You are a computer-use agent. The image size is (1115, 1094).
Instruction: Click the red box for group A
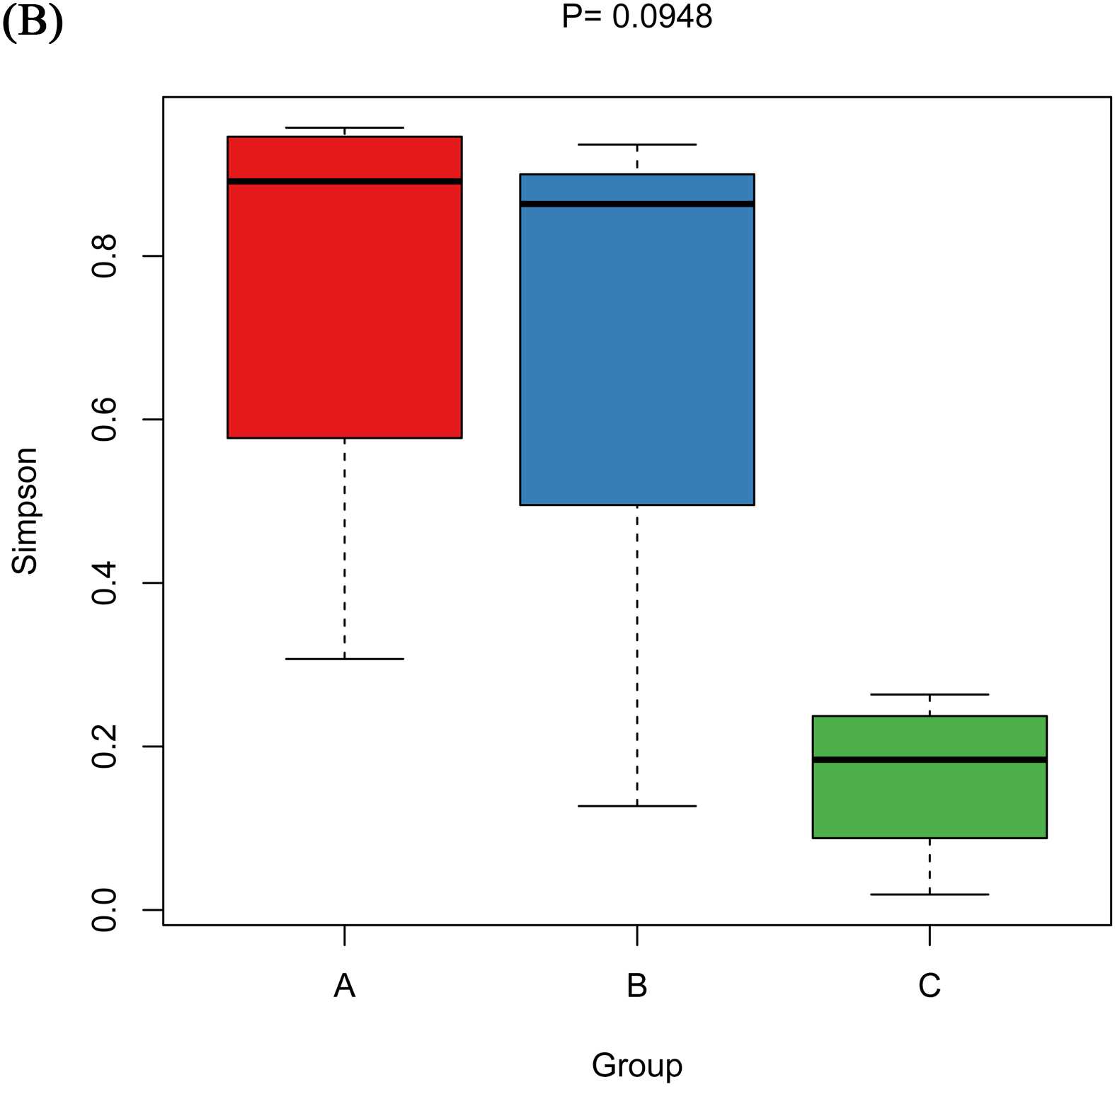point(344,304)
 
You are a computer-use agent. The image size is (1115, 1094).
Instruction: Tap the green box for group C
point(929,800)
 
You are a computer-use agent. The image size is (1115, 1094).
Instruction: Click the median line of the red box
point(344,181)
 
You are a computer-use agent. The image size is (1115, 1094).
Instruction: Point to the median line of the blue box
point(636,204)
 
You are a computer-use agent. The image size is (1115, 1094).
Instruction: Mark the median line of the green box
point(929,760)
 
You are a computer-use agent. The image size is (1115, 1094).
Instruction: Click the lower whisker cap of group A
point(344,659)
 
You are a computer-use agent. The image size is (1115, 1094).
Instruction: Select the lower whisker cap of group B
point(636,806)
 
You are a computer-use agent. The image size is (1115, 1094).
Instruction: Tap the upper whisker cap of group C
point(929,694)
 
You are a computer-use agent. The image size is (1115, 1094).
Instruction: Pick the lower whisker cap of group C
point(929,894)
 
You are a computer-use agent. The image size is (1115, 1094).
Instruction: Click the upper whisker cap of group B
point(636,144)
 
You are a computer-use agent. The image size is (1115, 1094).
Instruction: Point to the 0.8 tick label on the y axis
point(105,255)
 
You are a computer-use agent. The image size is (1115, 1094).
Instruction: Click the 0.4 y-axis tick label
point(105,583)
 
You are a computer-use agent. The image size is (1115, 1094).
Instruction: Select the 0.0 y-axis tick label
point(105,910)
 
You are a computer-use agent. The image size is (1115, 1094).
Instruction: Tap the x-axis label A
point(344,985)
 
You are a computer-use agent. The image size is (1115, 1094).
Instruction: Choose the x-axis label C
point(929,985)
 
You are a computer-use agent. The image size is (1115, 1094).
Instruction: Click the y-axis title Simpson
point(25,510)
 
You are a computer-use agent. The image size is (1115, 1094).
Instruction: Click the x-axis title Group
point(636,1065)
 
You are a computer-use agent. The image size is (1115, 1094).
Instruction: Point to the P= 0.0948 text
point(636,17)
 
